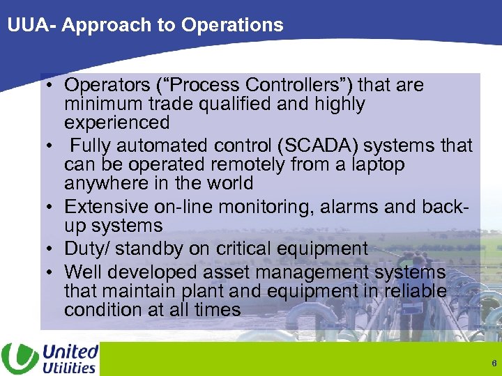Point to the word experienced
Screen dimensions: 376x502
point(116,123)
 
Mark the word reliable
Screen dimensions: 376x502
point(416,290)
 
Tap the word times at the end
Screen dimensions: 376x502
point(218,309)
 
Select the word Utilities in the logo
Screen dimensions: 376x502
point(69,367)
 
